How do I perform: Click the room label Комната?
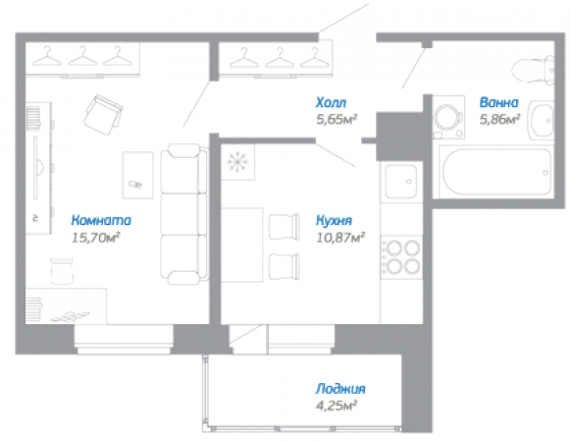pos(101,220)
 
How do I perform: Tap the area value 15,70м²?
pos(96,238)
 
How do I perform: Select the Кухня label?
pos(334,220)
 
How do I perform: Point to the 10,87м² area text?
pos(340,238)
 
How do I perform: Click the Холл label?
pos(331,102)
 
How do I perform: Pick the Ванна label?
pos(499,102)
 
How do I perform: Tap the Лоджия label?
pos(340,389)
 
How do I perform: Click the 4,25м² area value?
pos(336,406)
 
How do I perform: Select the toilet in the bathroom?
pos(533,70)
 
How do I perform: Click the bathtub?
pos(497,172)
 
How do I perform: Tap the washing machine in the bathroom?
pos(448,117)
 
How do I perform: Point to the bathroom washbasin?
pos(542,121)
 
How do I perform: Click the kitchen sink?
pos(401,182)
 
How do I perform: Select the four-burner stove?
pos(401,257)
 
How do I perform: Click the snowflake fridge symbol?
pos(237,161)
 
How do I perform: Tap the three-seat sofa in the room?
pos(184,214)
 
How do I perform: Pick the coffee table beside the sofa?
pos(137,175)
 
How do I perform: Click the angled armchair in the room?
pos(103,115)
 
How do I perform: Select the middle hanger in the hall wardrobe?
pos(280,58)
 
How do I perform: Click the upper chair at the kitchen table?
pos(285,227)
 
